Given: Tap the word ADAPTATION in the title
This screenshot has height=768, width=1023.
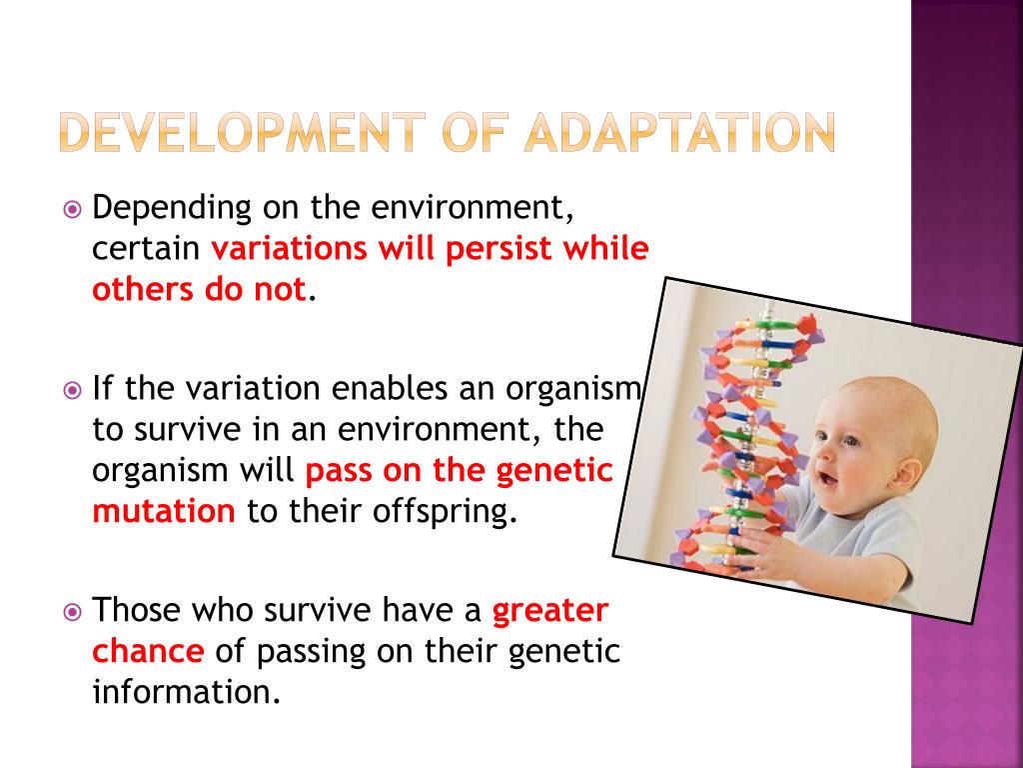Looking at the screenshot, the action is [x=679, y=132].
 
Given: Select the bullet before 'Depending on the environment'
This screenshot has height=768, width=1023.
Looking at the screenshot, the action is [x=72, y=210].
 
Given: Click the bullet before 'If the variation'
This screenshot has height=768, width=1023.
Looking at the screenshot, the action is [x=72, y=391].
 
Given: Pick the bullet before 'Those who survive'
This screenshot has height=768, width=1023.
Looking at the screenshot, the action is [x=72, y=612].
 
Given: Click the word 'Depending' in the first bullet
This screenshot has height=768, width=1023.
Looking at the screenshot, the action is [x=172, y=208].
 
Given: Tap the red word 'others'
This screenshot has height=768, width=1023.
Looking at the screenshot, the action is [x=144, y=289].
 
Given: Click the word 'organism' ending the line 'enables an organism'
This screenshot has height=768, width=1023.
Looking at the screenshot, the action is [x=573, y=389].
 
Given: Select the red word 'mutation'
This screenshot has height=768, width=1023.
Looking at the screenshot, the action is [x=164, y=511].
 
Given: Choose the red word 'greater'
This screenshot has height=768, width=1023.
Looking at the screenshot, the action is [x=550, y=612].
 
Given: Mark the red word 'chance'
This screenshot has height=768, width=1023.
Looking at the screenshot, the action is [x=148, y=650].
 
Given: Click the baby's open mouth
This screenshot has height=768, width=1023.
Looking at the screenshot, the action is [x=828, y=480].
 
